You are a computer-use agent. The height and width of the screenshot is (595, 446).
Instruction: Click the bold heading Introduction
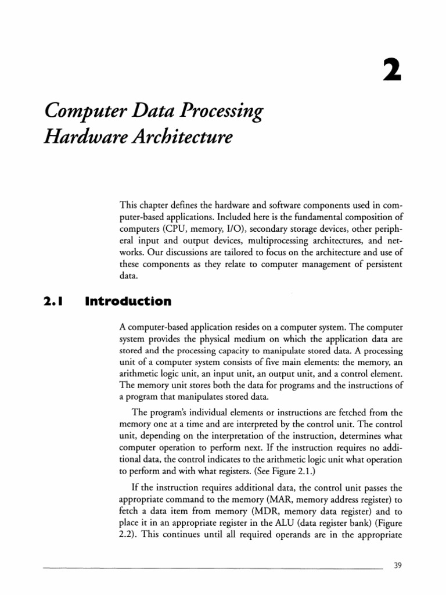click(x=128, y=302)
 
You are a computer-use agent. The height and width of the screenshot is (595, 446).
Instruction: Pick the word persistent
click(x=377, y=264)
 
